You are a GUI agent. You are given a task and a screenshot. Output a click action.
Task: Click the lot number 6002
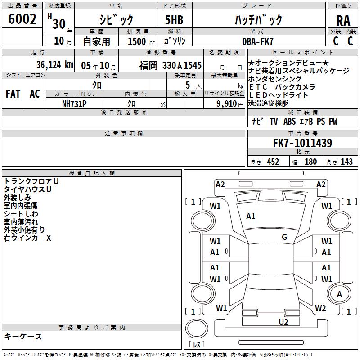pyautogui.click(x=22, y=19)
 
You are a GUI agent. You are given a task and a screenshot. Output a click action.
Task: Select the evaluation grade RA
pyautogui.click(x=343, y=21)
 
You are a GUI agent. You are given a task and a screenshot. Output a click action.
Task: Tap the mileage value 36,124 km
pyautogui.click(x=55, y=65)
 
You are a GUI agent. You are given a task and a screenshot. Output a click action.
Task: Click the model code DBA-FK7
pyautogui.click(x=257, y=41)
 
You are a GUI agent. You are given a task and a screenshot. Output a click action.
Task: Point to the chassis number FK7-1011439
pyautogui.click(x=302, y=143)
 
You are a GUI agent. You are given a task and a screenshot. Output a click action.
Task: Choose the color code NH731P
pyautogui.click(x=74, y=104)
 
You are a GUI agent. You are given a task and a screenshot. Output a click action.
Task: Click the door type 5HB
pyautogui.click(x=174, y=20)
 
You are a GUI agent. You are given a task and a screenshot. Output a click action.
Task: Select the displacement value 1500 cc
pyautogui.click(x=141, y=41)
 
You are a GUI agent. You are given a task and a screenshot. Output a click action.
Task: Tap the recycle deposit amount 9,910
pyautogui.click(x=227, y=104)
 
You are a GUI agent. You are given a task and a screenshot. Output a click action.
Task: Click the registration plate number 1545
pyautogui.click(x=193, y=66)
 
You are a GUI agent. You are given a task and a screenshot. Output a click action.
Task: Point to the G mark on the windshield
pyautogui.click(x=284, y=237)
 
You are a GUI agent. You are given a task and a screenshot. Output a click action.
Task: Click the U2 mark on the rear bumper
pyautogui.click(x=283, y=322)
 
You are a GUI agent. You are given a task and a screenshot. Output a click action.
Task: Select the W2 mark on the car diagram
pyautogui.click(x=320, y=308)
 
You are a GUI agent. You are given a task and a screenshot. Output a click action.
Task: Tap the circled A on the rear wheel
pyautogui.click(x=339, y=294)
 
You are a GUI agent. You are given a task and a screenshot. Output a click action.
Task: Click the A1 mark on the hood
pyautogui.click(x=251, y=216)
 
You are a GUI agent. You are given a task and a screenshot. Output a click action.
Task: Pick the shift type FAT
pyautogui.click(x=13, y=94)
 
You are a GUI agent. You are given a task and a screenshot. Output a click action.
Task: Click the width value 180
pyautogui.click(x=310, y=162)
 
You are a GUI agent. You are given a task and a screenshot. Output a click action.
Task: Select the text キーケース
pyautogui.click(x=23, y=336)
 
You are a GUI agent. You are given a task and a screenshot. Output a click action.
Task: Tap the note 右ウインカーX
pyautogui.click(x=27, y=238)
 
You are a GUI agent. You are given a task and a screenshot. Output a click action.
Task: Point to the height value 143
pyautogui.click(x=346, y=162)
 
